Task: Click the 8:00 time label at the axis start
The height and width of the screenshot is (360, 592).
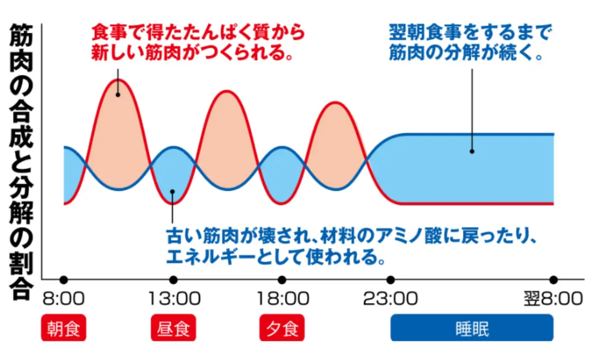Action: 64,299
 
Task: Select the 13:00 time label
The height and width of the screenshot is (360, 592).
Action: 174,299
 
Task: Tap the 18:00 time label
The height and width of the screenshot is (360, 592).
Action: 282,299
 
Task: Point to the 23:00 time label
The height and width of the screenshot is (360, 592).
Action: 390,299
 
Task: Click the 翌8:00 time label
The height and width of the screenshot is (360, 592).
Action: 553,299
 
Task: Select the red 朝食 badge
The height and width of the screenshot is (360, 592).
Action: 64,328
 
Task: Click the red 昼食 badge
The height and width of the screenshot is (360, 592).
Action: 173,328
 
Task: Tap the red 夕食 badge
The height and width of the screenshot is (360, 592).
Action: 282,328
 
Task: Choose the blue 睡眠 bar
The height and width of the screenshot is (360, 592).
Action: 472,328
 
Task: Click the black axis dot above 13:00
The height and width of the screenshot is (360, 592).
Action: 173,279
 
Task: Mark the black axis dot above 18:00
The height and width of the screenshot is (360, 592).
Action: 282,279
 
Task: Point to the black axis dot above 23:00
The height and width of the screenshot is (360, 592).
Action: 391,279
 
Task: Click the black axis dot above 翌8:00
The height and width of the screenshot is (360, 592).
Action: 554,279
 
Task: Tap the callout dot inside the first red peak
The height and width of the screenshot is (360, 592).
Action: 118,95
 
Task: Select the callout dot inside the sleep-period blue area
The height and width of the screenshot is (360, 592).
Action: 472,151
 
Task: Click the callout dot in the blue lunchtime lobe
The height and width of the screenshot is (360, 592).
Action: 172,191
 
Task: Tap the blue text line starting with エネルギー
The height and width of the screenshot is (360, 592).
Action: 276,256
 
